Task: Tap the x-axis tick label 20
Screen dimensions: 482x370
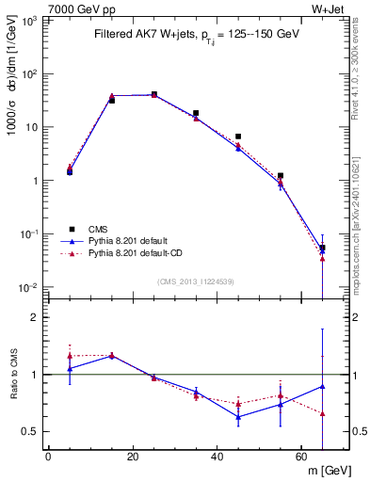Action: (132, 457)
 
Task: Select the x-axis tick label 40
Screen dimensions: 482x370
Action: (217, 457)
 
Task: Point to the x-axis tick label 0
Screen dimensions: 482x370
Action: (48, 457)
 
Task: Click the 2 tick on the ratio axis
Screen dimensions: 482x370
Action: (34, 317)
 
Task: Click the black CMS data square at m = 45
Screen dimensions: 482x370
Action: (238, 137)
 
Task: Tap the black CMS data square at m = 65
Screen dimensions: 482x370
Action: (323, 249)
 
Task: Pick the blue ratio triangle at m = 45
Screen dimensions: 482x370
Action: (238, 416)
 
